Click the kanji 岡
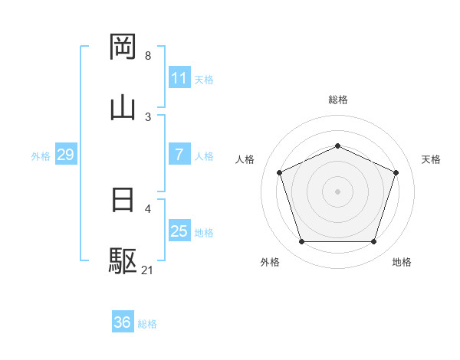[123, 47]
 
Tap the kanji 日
[123, 201]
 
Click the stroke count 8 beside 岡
[148, 56]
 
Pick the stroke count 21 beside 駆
[148, 270]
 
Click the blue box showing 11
[179, 78]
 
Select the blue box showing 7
[179, 155]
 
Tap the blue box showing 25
[179, 231]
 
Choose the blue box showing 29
[65, 155]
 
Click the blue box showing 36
[123, 322]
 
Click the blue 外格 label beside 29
[41, 155]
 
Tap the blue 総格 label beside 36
[147, 324]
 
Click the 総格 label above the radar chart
[337, 100]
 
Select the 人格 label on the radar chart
[245, 159]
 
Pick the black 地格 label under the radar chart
[402, 262]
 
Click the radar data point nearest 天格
[396, 172]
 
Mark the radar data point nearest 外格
[301, 242]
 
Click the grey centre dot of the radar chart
[337, 191]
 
